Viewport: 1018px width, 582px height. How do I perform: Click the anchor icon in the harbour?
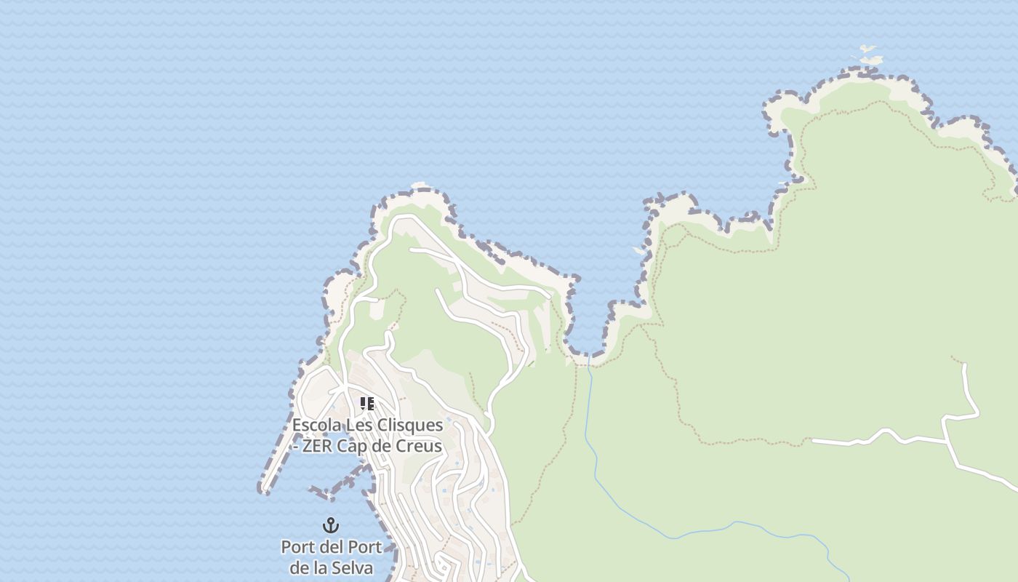click(x=331, y=525)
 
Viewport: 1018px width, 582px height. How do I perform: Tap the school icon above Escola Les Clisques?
click(x=367, y=403)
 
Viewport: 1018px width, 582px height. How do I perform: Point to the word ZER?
click(x=318, y=446)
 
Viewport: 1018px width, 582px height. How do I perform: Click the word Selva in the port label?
click(x=353, y=567)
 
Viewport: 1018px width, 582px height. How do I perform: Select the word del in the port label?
click(x=332, y=547)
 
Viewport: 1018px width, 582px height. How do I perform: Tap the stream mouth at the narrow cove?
click(x=588, y=358)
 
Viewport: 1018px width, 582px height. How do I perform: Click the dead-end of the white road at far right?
click(x=965, y=365)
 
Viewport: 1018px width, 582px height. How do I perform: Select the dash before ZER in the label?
click(x=295, y=446)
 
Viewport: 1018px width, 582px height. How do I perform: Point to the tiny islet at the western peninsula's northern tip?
click(x=418, y=186)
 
